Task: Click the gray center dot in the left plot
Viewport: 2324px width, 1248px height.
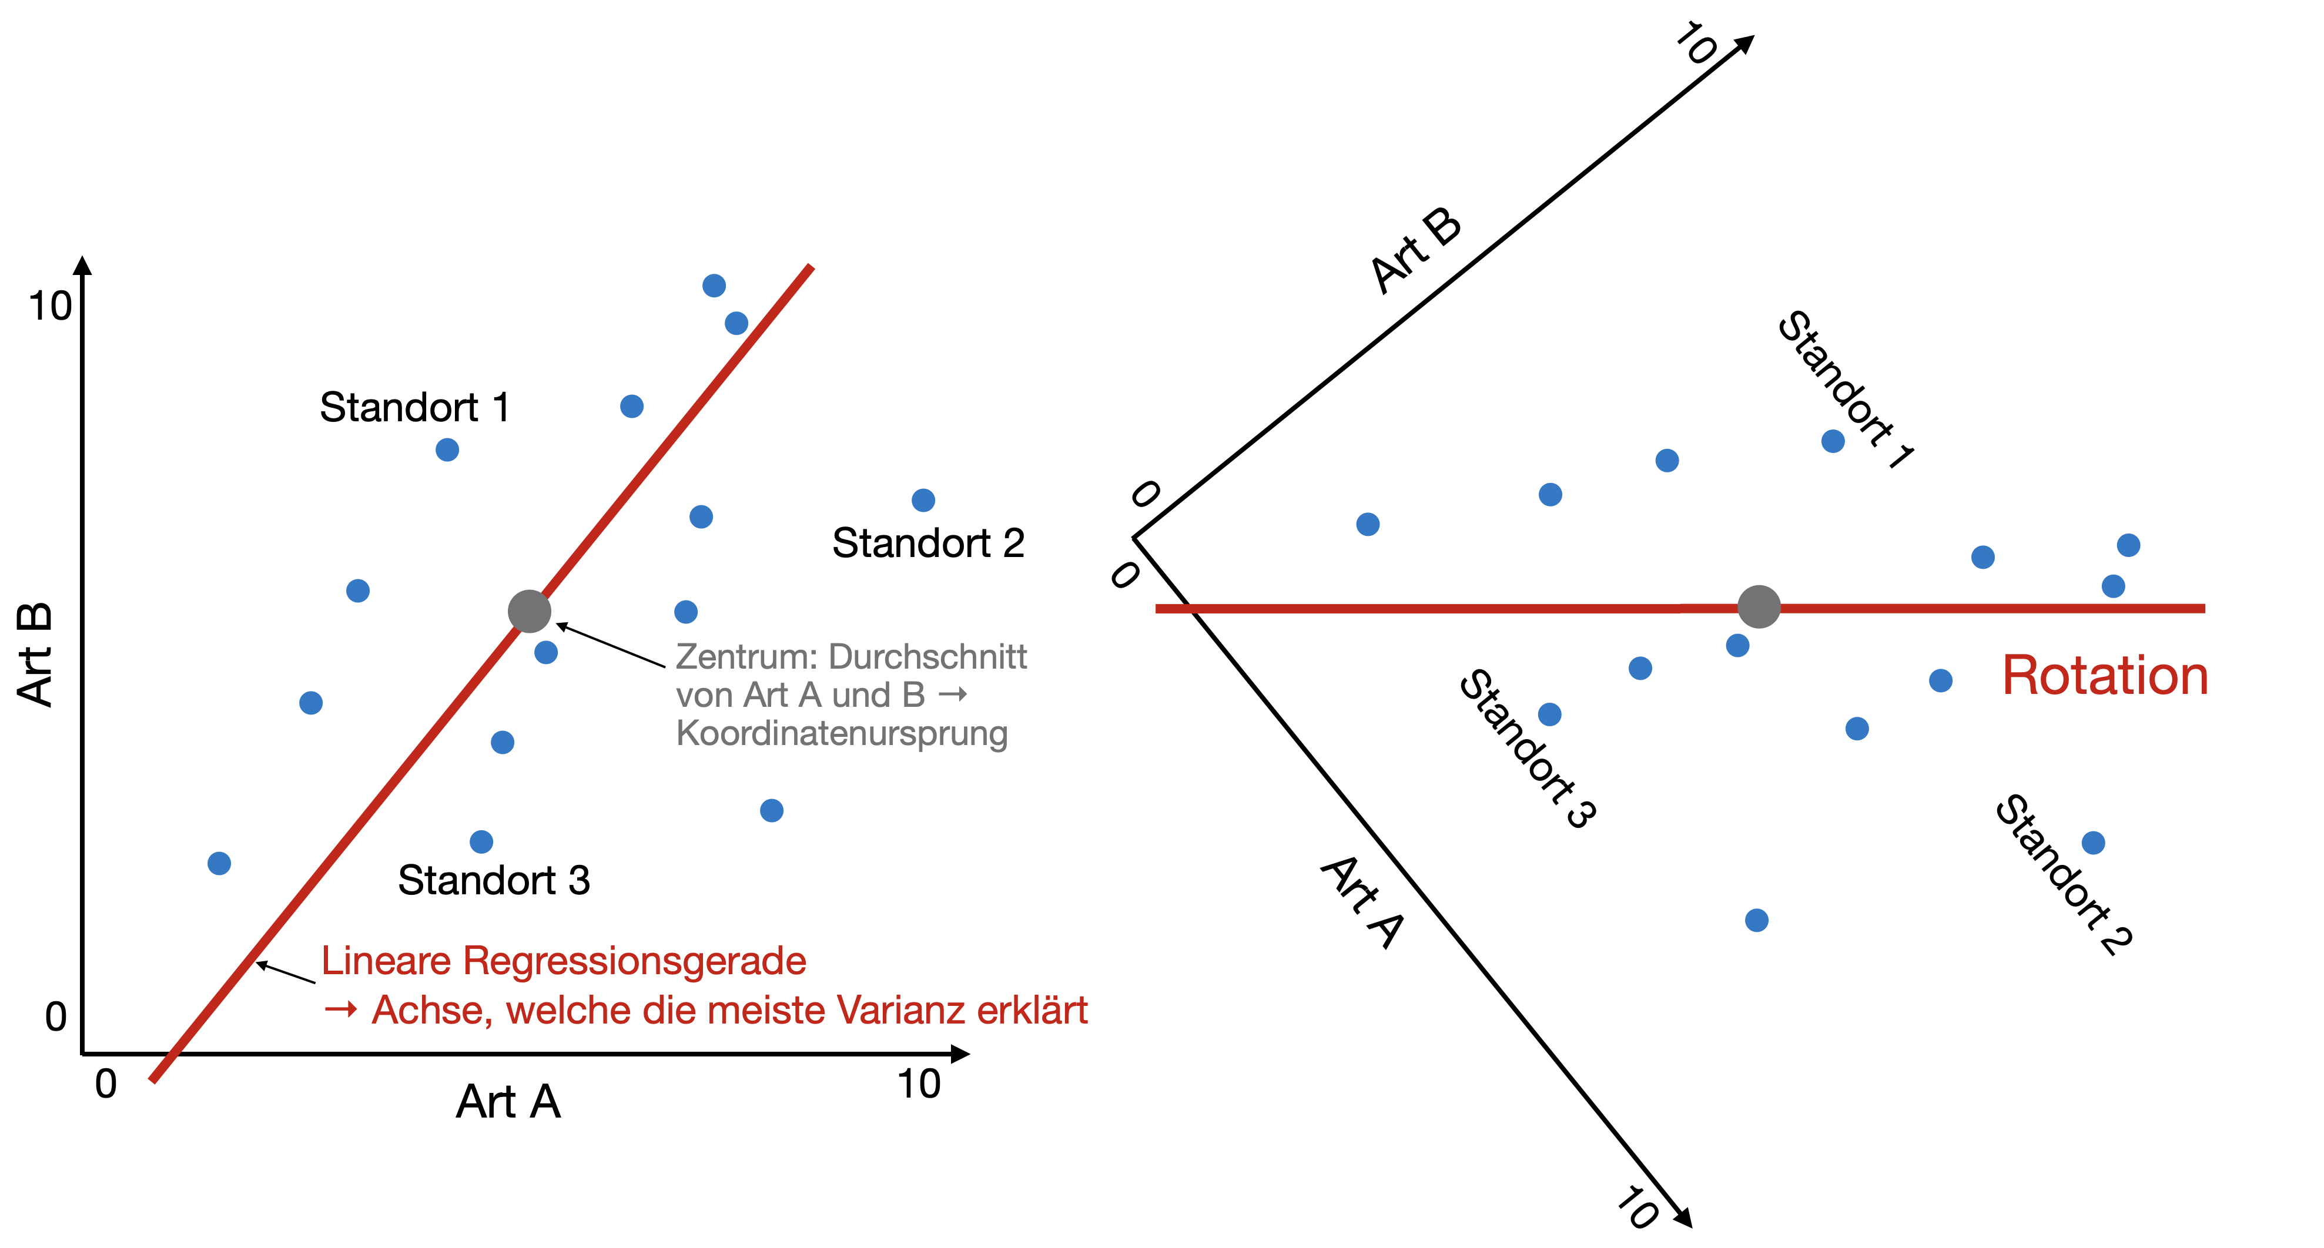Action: (530, 612)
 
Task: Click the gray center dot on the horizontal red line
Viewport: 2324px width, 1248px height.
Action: (1759, 606)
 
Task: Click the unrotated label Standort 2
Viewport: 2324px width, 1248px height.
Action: (928, 544)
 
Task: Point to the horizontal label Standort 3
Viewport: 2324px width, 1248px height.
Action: (494, 880)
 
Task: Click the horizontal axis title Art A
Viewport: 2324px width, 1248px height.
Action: (508, 1102)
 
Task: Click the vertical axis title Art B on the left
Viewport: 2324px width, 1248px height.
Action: (36, 655)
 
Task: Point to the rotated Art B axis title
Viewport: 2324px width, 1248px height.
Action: (1415, 251)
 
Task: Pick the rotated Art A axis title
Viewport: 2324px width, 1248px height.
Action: (1362, 902)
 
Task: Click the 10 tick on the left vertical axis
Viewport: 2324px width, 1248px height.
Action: (49, 307)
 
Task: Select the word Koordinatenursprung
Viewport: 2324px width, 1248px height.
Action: (842, 733)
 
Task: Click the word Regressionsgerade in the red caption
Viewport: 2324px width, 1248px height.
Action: (635, 961)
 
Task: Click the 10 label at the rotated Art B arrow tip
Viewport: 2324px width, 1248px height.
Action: (1696, 43)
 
